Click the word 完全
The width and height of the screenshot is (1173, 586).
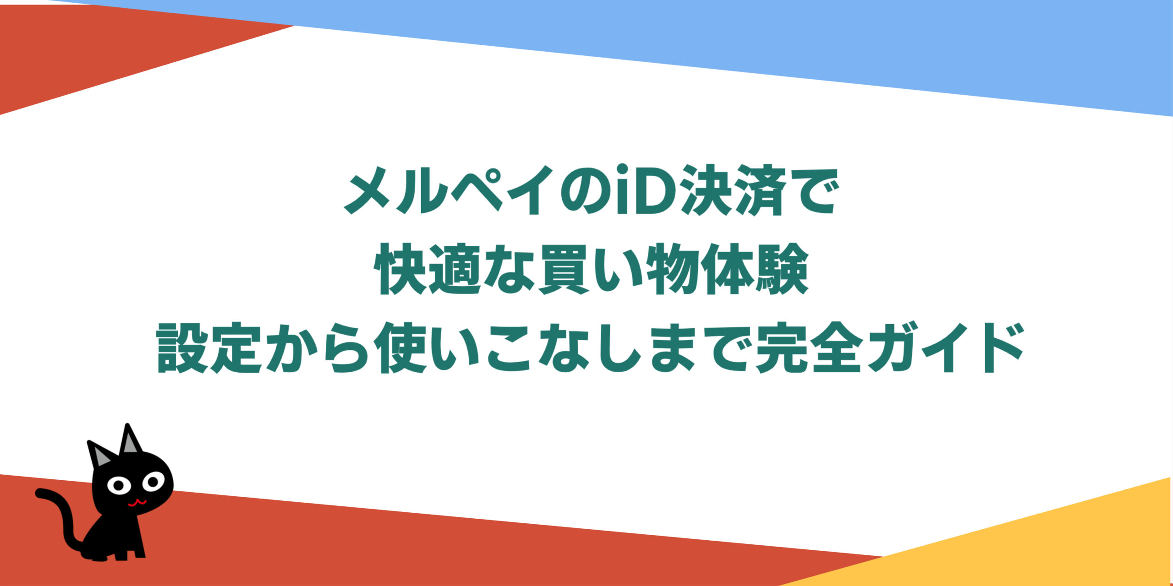coord(809,348)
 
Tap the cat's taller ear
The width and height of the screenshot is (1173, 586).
coord(129,439)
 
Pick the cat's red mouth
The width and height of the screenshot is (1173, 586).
coord(137,503)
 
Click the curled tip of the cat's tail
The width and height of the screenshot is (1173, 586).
coord(41,493)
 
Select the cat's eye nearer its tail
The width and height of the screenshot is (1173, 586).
coord(118,484)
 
